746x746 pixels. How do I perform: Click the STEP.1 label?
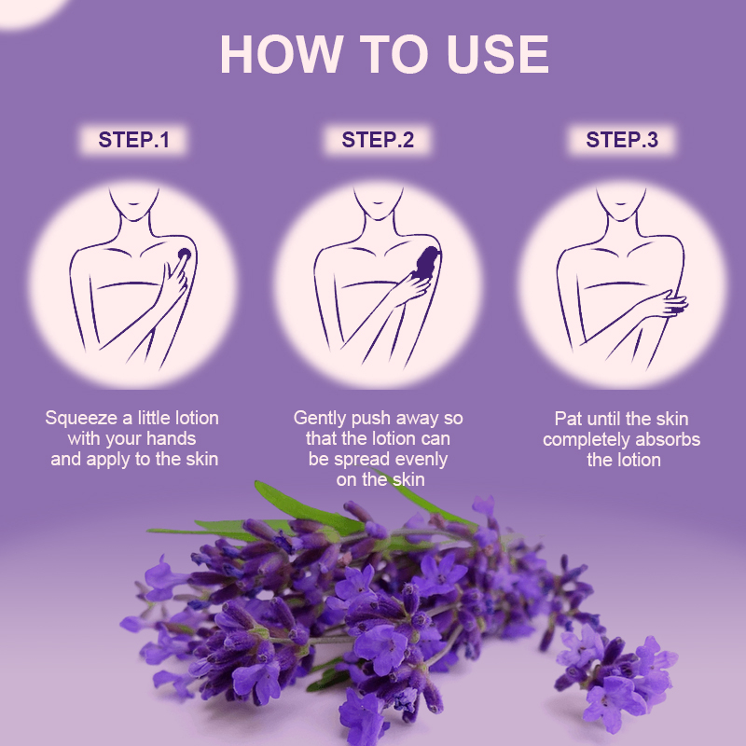pos(134,141)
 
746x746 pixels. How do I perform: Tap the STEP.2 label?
pos(378,141)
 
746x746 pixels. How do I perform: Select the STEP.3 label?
pos(622,141)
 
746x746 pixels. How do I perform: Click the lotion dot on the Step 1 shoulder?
pos(184,254)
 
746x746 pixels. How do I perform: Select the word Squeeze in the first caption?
pos(80,419)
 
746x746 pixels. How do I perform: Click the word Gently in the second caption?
pos(321,419)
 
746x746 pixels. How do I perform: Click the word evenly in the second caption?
pos(423,460)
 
